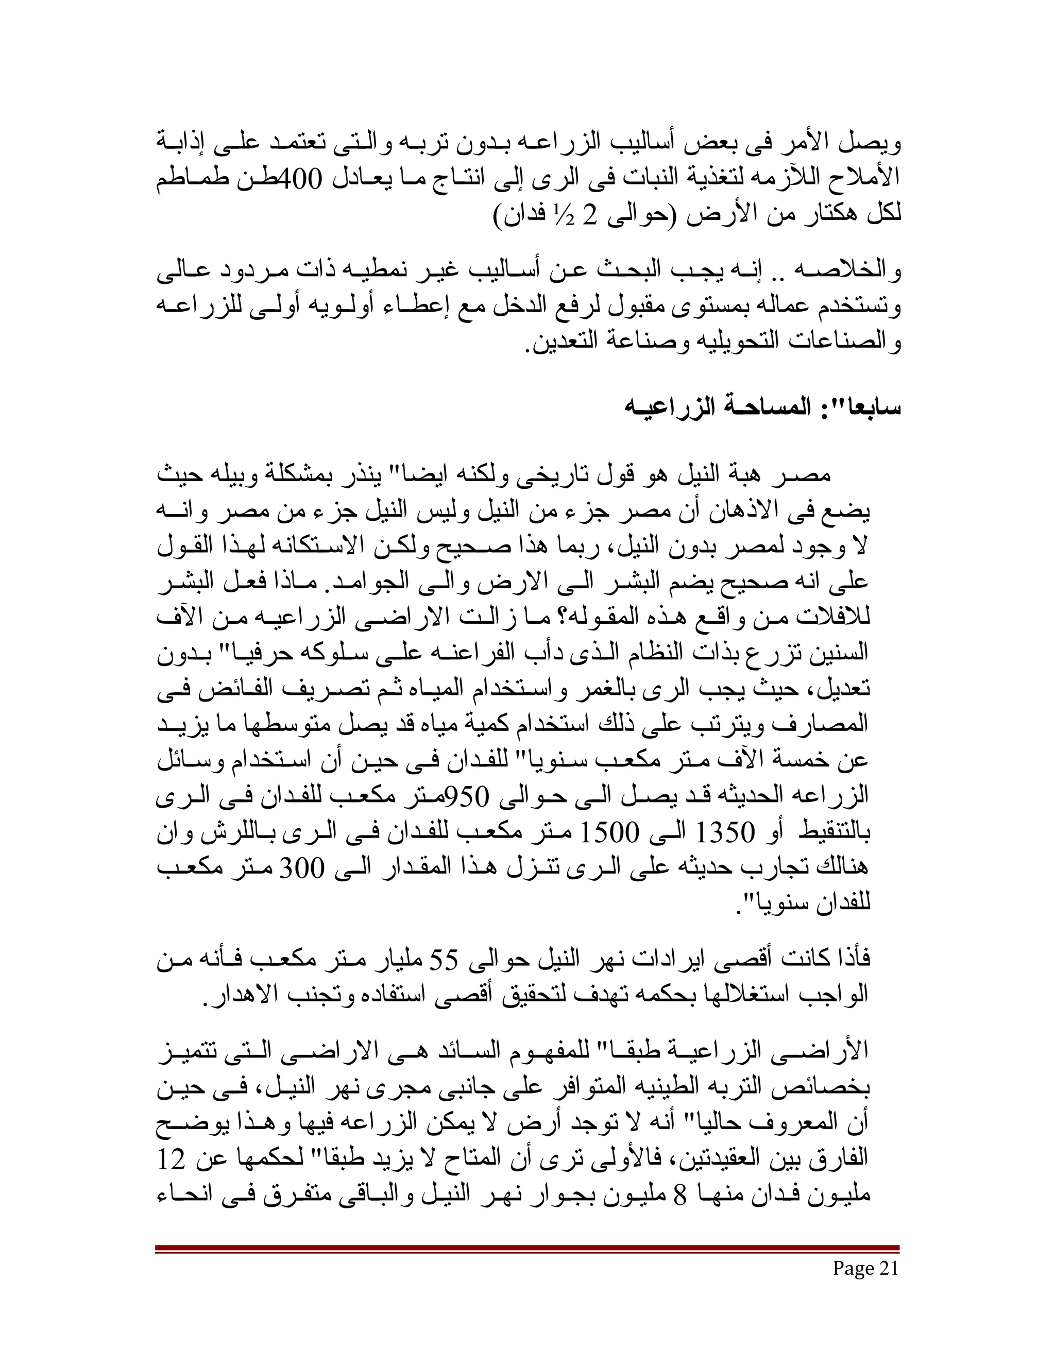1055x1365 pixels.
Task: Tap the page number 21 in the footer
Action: pyautogui.click(x=888, y=1268)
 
